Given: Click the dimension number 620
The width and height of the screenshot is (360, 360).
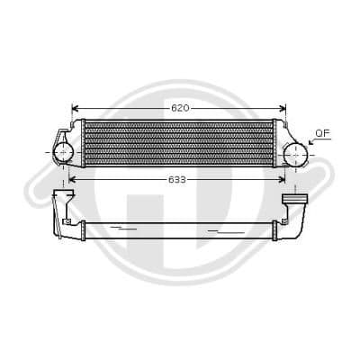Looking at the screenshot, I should pos(179,108).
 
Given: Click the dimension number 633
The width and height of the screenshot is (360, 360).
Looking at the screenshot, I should pos(176,179).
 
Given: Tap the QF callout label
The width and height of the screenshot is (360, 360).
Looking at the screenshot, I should pos(322,133).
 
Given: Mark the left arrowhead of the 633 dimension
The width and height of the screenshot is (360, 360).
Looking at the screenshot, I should pos(68,179).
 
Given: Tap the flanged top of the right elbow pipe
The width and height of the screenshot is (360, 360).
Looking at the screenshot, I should pos(293,197).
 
